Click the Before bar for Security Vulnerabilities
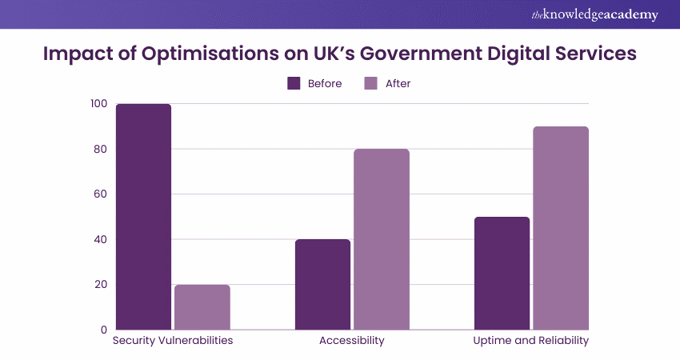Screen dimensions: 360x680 [143, 217]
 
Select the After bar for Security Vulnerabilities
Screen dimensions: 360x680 [202, 307]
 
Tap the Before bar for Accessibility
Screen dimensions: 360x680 [322, 284]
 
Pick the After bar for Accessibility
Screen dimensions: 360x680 [382, 239]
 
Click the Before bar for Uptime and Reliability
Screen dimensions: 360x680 [502, 273]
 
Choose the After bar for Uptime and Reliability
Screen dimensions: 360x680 [561, 228]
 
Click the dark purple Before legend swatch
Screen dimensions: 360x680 [294, 83]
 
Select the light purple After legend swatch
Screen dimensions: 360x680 [370, 83]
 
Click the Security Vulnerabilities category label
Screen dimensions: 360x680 [173, 341]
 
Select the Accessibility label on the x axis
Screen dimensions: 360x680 [352, 341]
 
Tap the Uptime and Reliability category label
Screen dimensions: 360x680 [531, 341]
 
